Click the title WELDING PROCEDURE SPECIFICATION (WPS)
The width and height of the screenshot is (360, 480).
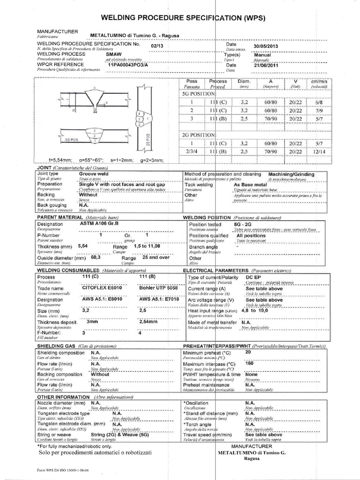tap(183, 18)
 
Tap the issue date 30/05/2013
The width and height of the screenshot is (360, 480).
tap(266, 46)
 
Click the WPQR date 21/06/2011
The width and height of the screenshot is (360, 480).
tap(266, 66)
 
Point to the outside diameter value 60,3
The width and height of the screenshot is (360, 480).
tap(96, 257)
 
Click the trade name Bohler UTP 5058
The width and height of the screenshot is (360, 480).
tap(158, 288)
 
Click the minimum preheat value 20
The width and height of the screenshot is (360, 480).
tap(248, 352)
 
